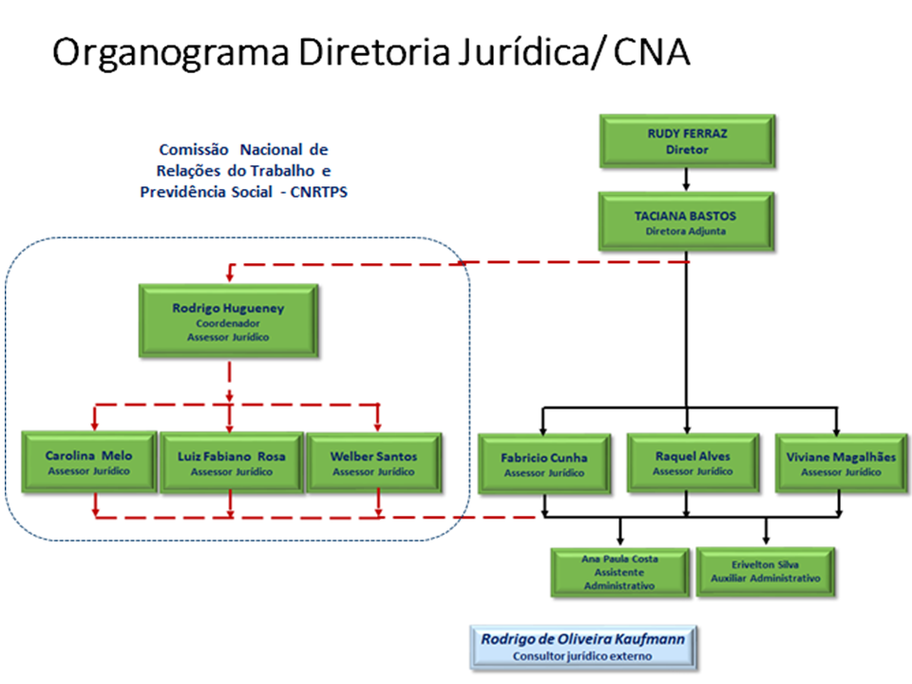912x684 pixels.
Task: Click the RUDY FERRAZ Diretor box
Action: point(686,141)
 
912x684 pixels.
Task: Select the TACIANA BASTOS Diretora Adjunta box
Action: point(686,222)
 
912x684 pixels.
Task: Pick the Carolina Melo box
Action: point(89,463)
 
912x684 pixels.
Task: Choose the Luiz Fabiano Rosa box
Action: point(231,463)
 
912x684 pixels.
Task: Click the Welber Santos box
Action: point(373,463)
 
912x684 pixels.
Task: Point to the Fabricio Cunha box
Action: point(544,464)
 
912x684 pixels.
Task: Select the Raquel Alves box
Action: point(693,463)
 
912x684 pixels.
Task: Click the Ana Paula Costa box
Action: point(619,572)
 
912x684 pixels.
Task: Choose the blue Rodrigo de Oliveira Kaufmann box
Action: point(583,647)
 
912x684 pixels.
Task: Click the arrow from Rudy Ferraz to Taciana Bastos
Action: point(686,180)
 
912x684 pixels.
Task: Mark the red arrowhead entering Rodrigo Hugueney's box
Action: point(229,276)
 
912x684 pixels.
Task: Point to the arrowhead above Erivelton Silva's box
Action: point(766,540)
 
